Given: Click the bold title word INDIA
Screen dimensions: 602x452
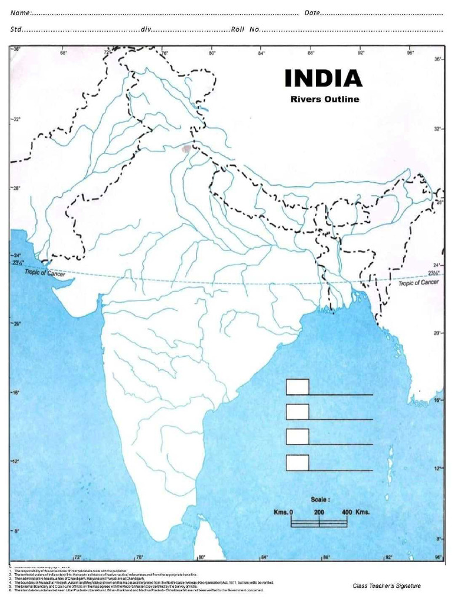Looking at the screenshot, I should click(323, 79).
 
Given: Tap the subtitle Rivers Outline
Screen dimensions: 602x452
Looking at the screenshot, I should click(324, 99).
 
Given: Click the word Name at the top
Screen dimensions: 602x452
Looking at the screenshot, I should click(20, 13).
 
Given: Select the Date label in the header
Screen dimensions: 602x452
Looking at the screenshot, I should click(312, 13).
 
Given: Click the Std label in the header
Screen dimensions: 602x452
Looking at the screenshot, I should click(16, 29).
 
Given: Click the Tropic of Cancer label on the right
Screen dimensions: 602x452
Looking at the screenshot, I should click(418, 283).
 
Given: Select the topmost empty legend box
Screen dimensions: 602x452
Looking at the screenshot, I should click(297, 387).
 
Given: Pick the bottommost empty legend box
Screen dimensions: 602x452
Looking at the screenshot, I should click(297, 463).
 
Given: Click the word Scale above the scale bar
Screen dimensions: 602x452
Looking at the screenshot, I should click(321, 499).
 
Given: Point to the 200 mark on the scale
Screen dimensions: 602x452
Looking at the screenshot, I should click(319, 513).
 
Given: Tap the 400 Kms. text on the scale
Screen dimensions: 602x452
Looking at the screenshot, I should click(355, 513).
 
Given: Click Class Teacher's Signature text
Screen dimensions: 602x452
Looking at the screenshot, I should click(387, 586).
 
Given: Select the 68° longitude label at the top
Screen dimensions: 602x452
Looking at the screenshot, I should click(64, 53).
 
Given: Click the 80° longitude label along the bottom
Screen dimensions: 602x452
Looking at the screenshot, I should click(201, 557).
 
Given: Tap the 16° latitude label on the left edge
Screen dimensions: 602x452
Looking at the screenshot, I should click(16, 393).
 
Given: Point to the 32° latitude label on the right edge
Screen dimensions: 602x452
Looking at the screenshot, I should click(438, 128).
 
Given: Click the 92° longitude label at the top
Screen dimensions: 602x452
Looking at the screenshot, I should click(361, 53).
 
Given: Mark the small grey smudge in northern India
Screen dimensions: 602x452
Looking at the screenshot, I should click(187, 149).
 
